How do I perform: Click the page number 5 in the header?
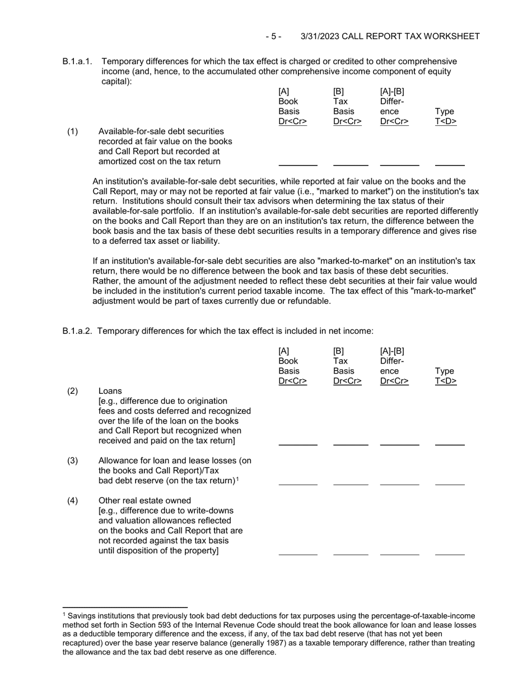[273, 36]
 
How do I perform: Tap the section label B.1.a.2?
[78, 331]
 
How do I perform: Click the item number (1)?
[73, 131]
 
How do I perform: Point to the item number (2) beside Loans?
[73, 390]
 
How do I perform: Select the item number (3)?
[73, 460]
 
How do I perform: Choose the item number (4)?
[73, 500]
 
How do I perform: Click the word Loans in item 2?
[110, 390]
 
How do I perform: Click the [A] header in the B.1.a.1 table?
[284, 92]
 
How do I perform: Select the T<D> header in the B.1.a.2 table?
[446, 381]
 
